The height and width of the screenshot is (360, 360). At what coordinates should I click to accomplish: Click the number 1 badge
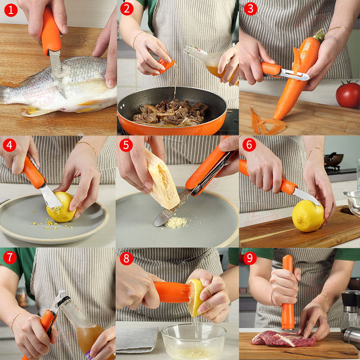10,9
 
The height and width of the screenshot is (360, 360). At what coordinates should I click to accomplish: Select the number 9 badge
249,258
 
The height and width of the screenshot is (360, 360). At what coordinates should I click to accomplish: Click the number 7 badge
10,258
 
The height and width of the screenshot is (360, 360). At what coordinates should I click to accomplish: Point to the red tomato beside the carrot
348,95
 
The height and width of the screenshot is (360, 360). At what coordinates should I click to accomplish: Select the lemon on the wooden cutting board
308,216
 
